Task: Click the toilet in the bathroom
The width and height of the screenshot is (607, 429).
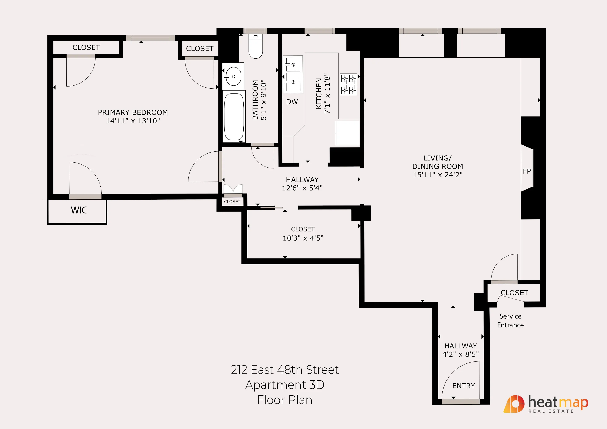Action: point(255,47)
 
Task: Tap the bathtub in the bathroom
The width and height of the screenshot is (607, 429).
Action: point(234,116)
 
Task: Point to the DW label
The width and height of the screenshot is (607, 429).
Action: point(292,102)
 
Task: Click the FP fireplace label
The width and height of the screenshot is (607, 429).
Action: point(527,171)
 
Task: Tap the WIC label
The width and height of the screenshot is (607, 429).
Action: point(79,210)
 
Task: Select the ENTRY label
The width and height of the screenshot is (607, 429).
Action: point(463,386)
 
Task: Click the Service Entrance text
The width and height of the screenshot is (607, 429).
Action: point(510,321)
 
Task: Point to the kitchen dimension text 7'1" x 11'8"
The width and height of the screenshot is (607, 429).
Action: point(327,94)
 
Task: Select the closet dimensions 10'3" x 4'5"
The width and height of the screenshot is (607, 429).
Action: point(303,238)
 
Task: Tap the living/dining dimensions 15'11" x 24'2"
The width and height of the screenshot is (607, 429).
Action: point(437,175)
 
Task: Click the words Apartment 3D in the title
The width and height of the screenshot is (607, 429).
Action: point(285,385)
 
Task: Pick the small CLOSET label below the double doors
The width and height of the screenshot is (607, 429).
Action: point(232,202)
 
